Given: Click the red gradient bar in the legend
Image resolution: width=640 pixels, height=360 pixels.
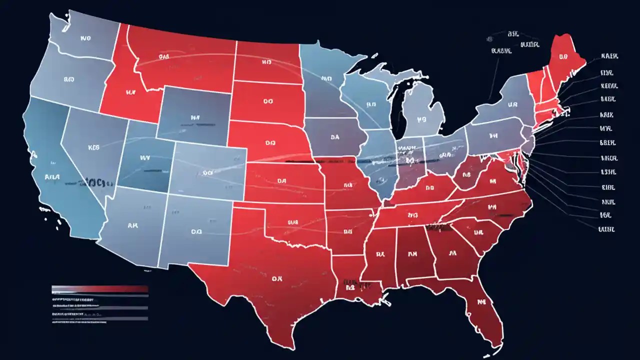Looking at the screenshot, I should coord(100,289).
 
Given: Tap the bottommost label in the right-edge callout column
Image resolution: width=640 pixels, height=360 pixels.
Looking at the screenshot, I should coord(606,228).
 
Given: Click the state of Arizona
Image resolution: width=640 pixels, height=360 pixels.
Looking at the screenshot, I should coord(132,227).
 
